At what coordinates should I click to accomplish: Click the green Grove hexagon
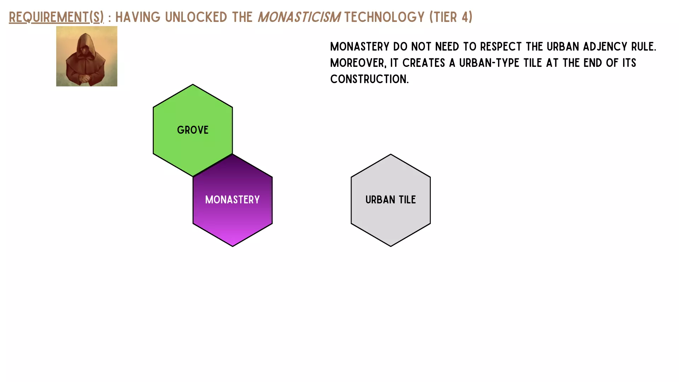pos(193,130)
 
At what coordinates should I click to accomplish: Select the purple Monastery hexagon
pos(233,200)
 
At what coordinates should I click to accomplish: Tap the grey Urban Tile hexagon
pos(391,200)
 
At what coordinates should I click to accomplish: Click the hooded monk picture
pos(87,56)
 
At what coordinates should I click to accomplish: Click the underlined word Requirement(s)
pos(56,17)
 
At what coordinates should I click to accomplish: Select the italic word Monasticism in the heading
pos(299,17)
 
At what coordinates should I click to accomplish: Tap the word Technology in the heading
pos(384,17)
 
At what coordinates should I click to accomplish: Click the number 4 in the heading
pos(465,17)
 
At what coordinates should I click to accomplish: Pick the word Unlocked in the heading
pos(196,17)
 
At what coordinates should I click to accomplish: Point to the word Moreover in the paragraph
pos(358,63)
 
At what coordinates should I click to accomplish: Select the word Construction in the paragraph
pos(369,79)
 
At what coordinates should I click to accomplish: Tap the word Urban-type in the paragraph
pos(500,63)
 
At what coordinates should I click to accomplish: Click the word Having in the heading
pos(138,17)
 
